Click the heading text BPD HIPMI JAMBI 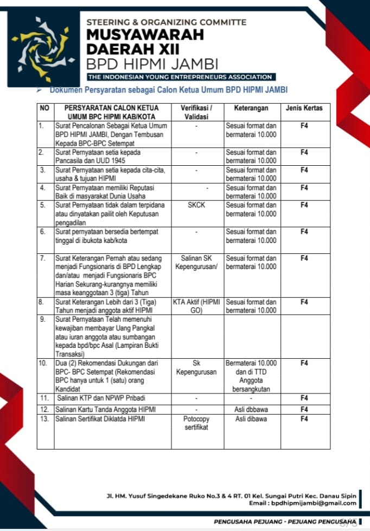tap(152, 63)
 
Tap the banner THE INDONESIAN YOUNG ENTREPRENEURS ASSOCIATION tap(181, 77)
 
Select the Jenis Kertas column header tap(304, 108)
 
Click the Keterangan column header tap(252, 108)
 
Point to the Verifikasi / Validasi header tap(196, 112)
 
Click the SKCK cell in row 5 tap(196, 205)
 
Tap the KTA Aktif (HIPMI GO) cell tap(196, 306)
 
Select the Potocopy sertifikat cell tap(196, 423)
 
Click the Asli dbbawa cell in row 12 tap(251, 409)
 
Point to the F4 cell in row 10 tap(304, 363)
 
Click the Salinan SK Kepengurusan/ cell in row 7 tap(196, 263)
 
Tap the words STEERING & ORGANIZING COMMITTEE tap(166, 22)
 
